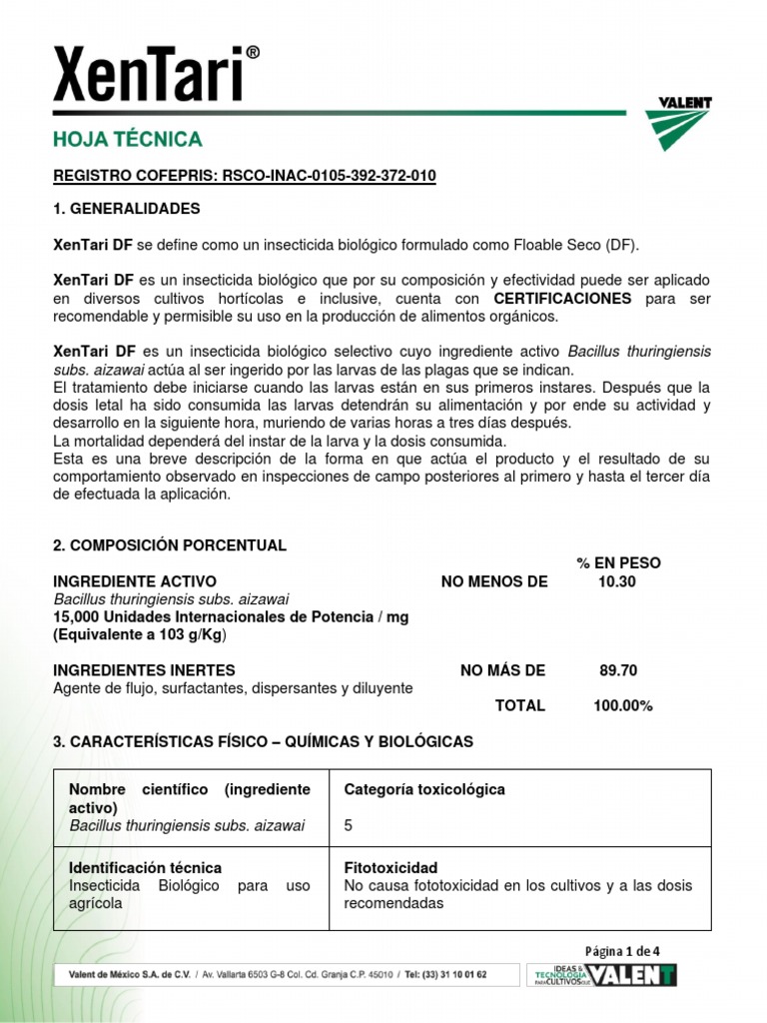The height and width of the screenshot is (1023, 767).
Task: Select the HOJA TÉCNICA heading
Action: coord(127,140)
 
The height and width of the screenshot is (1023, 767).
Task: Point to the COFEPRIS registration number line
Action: coord(245,177)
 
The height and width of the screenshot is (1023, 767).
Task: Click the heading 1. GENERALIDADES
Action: coord(126,209)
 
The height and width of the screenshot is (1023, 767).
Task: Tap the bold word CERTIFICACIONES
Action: coord(563,299)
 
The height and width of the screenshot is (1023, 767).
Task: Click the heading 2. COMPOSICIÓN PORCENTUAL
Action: coord(169,545)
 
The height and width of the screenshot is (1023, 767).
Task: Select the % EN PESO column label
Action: coord(618,563)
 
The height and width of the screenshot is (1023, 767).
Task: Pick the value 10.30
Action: coord(617,581)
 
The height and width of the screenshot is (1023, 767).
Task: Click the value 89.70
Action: coord(618,670)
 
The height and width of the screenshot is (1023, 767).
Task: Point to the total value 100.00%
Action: coord(623,705)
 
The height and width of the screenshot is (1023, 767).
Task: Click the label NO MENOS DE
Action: coord(494,581)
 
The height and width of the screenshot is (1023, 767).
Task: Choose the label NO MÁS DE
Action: coord(502,670)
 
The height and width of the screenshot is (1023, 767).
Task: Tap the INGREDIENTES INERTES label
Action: coord(144,670)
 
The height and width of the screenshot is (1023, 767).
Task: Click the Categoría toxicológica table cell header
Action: coord(424,789)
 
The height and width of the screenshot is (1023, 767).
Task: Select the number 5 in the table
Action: coord(349,826)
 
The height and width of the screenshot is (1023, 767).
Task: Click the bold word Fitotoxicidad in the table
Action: coord(390,868)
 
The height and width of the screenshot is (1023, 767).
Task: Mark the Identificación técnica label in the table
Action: coord(145,868)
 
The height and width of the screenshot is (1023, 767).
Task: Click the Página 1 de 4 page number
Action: coord(623,950)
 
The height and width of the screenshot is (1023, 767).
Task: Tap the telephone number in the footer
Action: coord(441,975)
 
